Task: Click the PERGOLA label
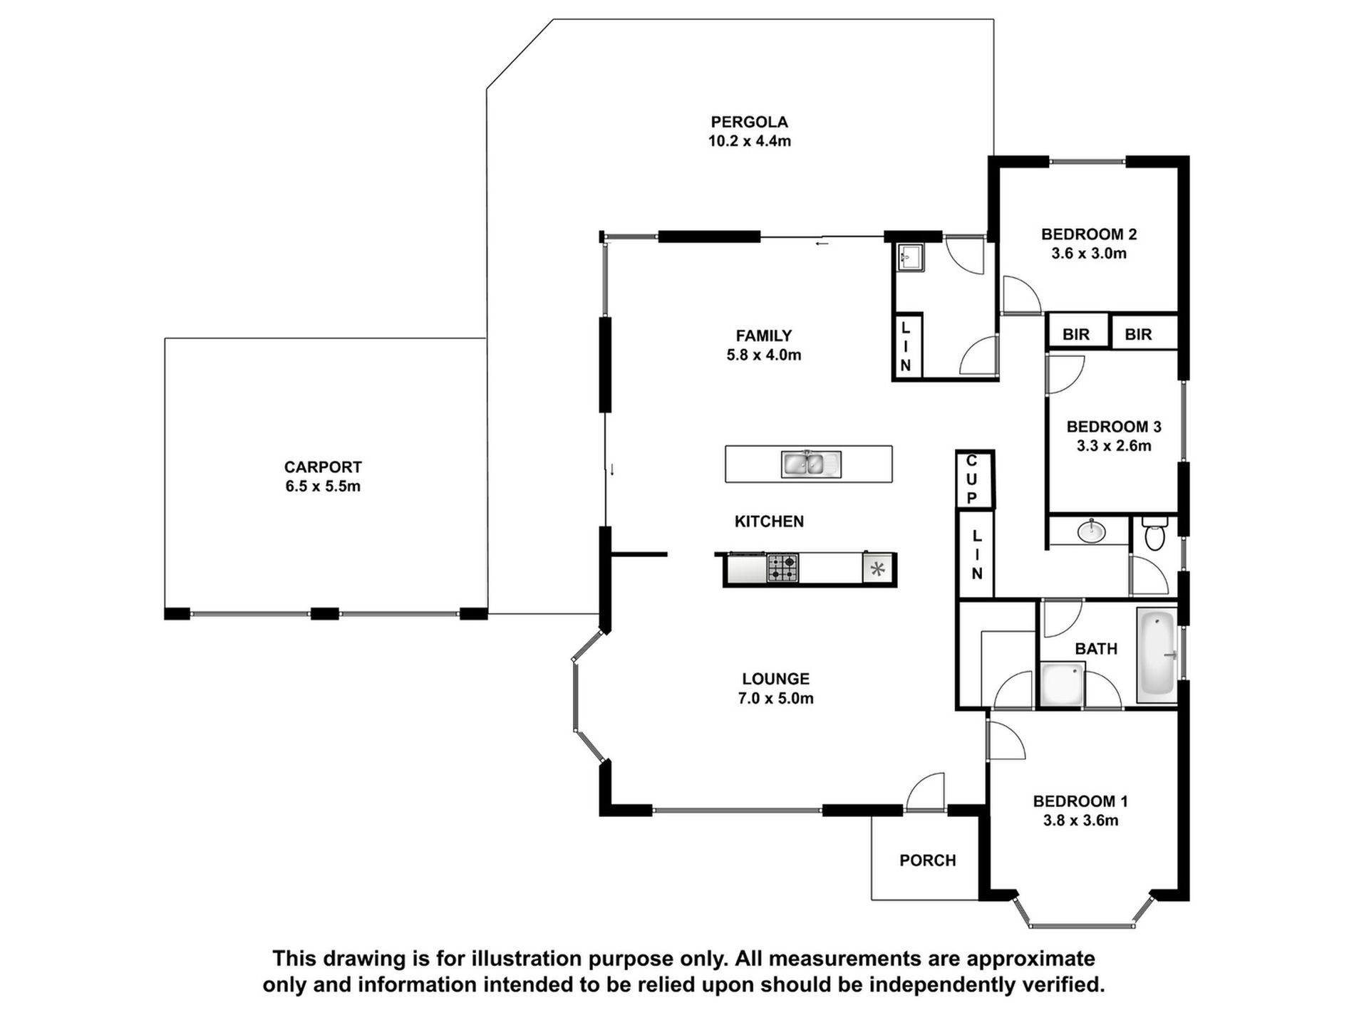749,122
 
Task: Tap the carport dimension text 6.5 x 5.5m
323,486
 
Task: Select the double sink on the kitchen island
811,464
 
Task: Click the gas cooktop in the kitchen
782,568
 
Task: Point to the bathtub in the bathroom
1157,653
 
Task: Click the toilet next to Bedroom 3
1154,535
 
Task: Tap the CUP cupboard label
972,480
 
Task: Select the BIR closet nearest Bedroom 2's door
1075,334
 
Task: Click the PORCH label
927,860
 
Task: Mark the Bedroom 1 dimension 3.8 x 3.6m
1080,821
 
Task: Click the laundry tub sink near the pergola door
910,256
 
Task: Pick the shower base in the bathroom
1062,684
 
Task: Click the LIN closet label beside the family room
906,347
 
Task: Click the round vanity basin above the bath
1091,531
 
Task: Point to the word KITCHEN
769,521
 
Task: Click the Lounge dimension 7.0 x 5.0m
775,699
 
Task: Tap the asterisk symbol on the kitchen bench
878,569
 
